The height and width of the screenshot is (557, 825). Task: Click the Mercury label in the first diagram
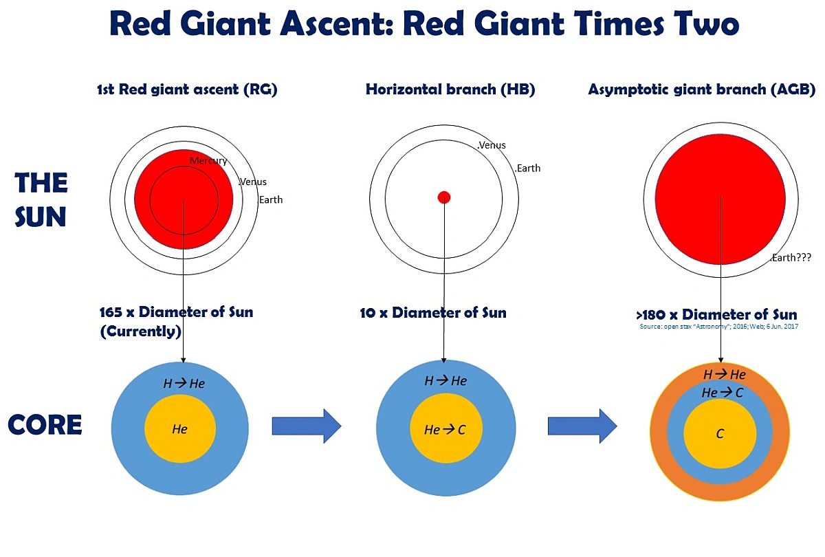[208, 161]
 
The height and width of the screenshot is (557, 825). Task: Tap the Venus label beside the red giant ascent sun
[252, 182]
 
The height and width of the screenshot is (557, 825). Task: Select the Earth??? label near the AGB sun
[791, 257]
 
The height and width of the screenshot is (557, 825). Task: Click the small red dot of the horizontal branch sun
[444, 197]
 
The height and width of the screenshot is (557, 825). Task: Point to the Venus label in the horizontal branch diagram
[492, 145]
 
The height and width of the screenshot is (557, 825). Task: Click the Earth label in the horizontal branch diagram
[528, 168]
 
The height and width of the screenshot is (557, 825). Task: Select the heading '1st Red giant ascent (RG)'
[187, 89]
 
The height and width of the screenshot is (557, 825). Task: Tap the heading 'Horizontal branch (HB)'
[450, 89]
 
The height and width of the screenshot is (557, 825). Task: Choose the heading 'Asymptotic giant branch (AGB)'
[701, 89]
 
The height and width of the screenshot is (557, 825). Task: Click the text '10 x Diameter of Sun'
[433, 313]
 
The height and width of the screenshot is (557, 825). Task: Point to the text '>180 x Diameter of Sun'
[716, 316]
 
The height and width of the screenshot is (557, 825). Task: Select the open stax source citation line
[718, 327]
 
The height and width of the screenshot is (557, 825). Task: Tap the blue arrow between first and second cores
[307, 426]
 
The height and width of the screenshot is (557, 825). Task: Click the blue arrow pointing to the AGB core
[582, 426]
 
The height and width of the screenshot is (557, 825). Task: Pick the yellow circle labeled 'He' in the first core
[180, 429]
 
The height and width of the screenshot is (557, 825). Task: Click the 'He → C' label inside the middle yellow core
[445, 430]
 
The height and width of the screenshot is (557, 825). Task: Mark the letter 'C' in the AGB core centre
[720, 434]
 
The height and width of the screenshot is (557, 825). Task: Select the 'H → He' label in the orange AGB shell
[724, 375]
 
